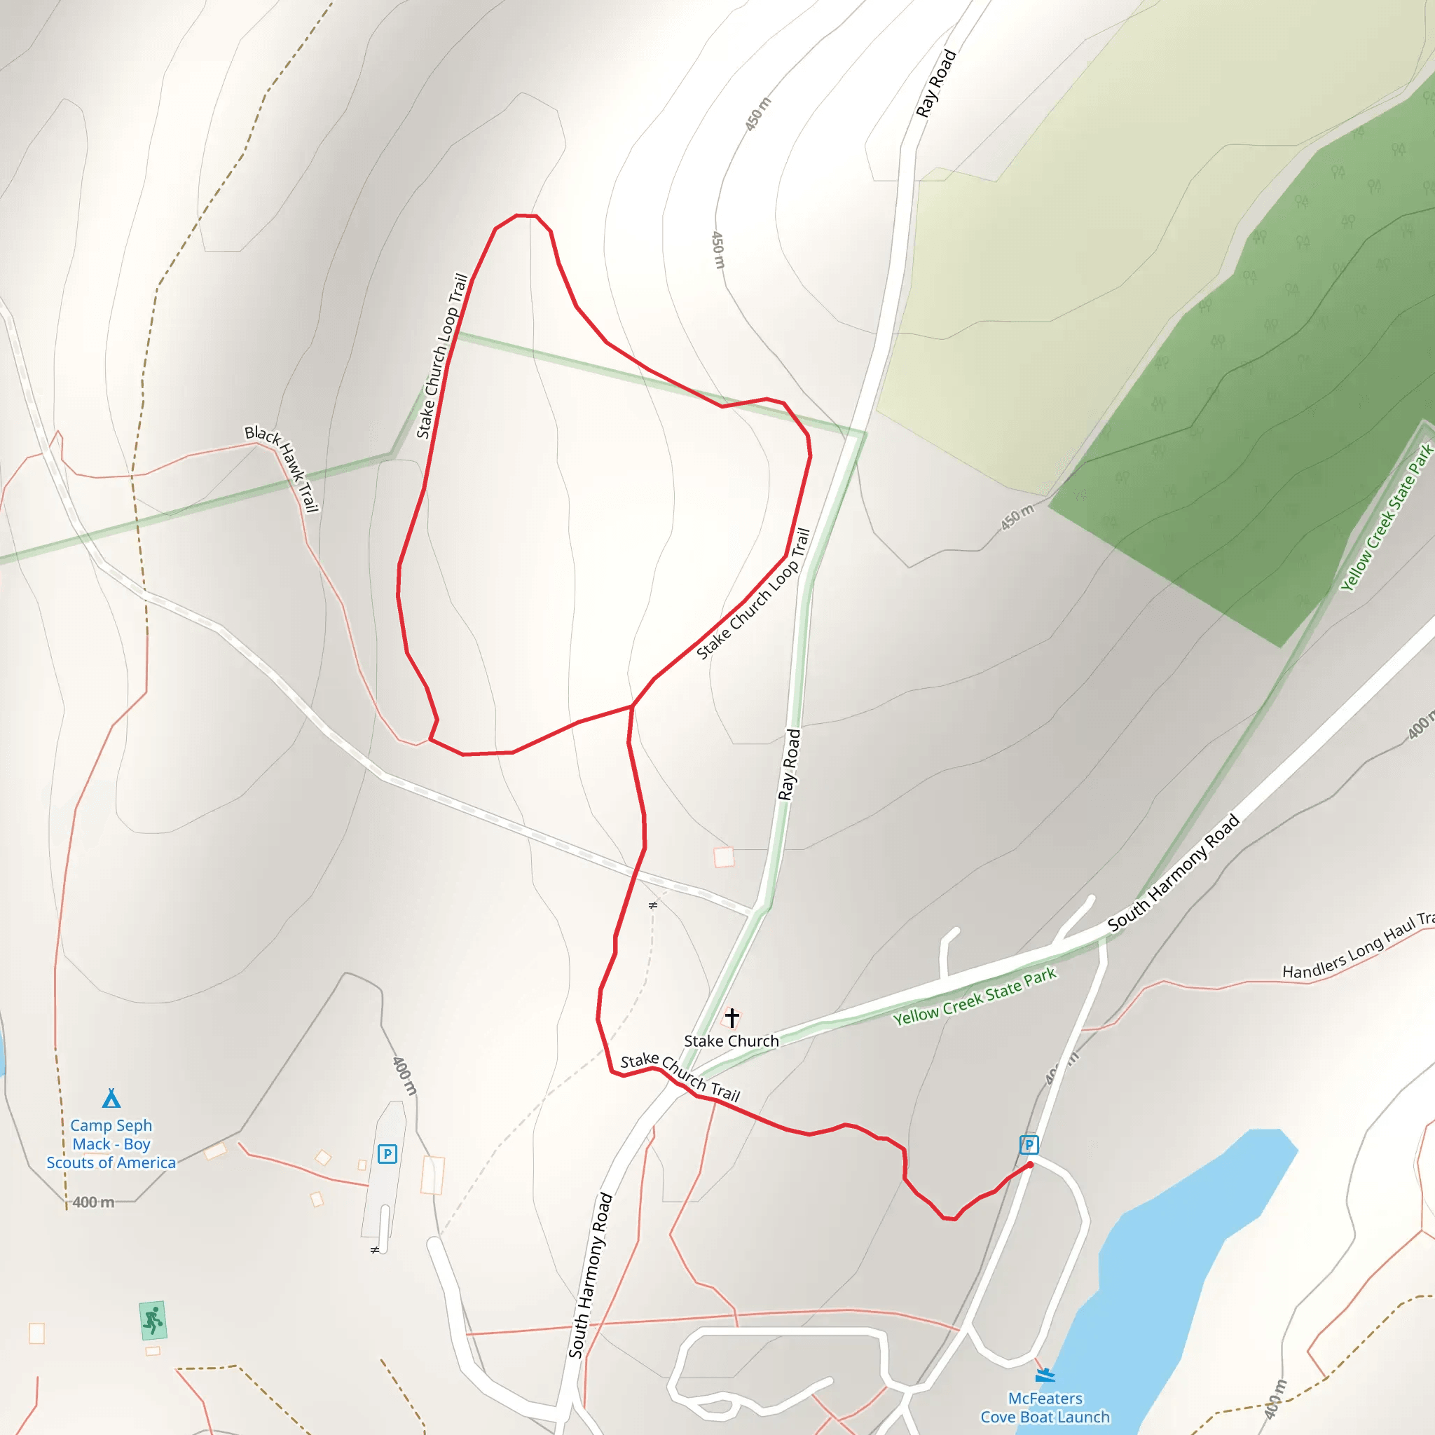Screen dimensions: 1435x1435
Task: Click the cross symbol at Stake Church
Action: tap(732, 1017)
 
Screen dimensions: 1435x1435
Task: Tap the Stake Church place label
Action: tap(732, 1041)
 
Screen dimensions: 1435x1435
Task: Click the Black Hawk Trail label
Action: tap(282, 469)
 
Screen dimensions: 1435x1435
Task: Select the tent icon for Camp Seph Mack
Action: tap(111, 1099)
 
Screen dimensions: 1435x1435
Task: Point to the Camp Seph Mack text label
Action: tap(111, 1144)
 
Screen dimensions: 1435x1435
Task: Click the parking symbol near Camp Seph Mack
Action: tap(387, 1154)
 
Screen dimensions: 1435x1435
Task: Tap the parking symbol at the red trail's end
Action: tap(1029, 1145)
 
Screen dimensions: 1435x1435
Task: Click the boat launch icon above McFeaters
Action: tap(1045, 1375)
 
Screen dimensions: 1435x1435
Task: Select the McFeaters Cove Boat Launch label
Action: tap(1045, 1408)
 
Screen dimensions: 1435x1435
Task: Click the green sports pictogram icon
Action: tap(152, 1321)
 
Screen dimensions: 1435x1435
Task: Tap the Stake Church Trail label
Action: tap(680, 1076)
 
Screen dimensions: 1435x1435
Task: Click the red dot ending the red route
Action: tap(1030, 1165)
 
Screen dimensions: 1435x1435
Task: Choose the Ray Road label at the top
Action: tap(936, 83)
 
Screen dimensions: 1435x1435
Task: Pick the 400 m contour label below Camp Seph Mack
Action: tap(94, 1202)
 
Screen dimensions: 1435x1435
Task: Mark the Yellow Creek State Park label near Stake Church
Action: tap(975, 996)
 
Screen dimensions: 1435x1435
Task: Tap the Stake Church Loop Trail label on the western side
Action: tap(442, 357)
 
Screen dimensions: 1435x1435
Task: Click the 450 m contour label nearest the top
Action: tap(758, 114)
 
